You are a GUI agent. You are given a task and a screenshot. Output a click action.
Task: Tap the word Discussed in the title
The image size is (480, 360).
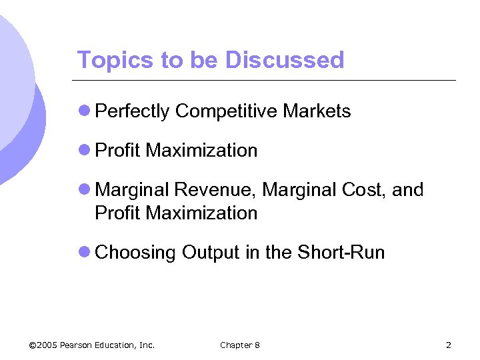[x=285, y=60]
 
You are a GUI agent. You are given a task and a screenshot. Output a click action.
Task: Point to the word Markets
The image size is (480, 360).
[x=317, y=111]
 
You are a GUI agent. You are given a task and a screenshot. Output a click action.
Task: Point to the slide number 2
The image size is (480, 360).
[x=449, y=345]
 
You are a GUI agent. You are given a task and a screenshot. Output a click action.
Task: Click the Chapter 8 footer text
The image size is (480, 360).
[x=240, y=345]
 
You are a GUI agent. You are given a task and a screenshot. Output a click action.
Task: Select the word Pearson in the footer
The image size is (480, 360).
[x=78, y=345]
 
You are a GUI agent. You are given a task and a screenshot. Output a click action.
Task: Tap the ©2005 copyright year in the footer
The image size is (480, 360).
[x=43, y=345]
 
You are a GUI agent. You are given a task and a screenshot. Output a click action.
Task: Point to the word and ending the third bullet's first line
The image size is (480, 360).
[x=408, y=190]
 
